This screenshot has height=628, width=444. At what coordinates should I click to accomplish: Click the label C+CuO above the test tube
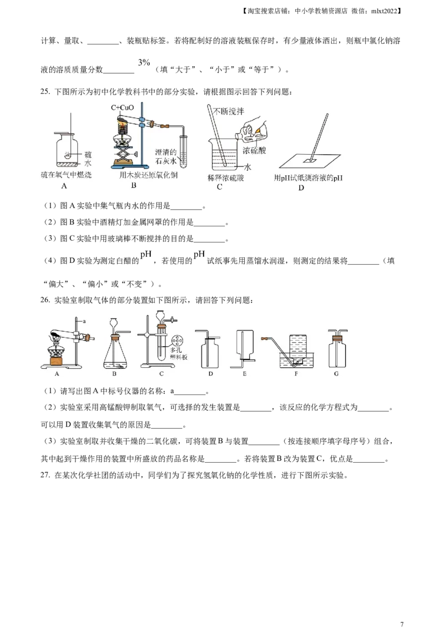click(x=122, y=108)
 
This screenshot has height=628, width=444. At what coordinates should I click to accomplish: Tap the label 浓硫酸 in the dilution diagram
click(x=254, y=150)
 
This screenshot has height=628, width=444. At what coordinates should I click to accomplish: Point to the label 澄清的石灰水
click(x=166, y=156)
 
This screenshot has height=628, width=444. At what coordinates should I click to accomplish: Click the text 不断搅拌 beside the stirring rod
click(x=229, y=112)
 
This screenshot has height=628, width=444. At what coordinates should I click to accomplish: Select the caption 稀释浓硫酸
click(x=225, y=178)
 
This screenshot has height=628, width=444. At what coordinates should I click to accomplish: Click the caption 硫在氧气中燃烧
click(x=66, y=175)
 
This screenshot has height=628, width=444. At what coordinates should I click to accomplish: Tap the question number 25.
click(x=46, y=92)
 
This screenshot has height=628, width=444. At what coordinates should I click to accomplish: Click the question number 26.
click(x=46, y=300)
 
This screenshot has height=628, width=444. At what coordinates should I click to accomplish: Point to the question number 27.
click(x=46, y=475)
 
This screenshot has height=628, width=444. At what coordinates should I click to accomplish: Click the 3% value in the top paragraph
click(x=144, y=63)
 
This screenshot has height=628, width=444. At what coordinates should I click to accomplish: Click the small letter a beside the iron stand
click(x=84, y=321)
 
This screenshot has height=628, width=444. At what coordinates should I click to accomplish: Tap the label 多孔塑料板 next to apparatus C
click(x=178, y=353)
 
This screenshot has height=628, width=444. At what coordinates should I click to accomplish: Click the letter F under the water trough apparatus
click(x=296, y=374)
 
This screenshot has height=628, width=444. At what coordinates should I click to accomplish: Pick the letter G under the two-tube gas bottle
click(x=336, y=374)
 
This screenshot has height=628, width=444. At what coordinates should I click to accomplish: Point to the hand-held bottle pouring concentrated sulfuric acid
click(x=253, y=131)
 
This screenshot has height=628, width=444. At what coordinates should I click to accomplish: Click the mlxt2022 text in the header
click(x=384, y=11)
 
